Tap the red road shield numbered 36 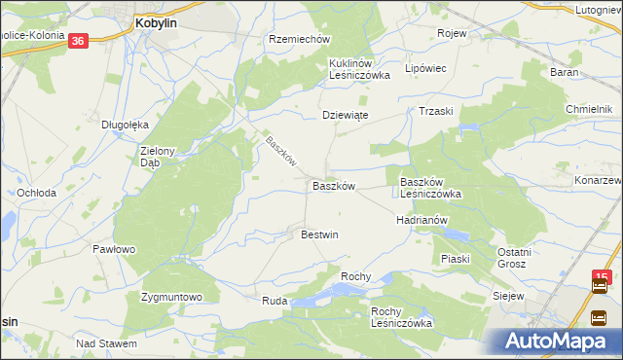click(79, 41)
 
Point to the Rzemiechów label click(300, 40)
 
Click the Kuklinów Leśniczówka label click(358, 68)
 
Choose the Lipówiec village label click(424, 69)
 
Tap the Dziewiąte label click(345, 114)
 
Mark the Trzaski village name click(436, 111)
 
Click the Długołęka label click(125, 125)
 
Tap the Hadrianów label click(421, 220)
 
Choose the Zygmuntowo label click(170, 297)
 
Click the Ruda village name click(274, 302)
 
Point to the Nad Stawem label click(106, 343)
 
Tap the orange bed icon click(600, 316)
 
